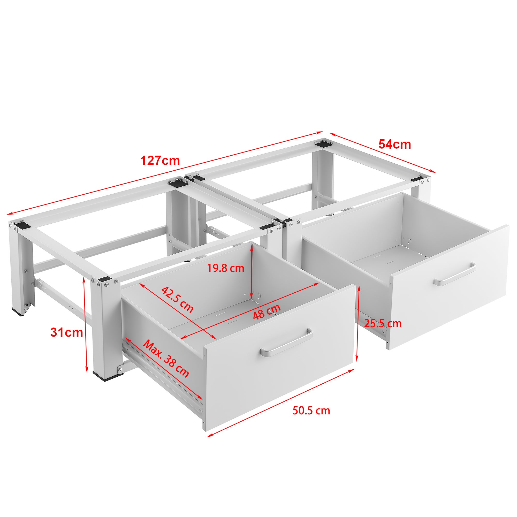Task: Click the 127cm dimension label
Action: point(160,161)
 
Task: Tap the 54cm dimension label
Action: point(394,145)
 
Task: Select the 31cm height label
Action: point(67,333)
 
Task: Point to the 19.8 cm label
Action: point(226,268)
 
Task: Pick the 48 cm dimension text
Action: point(267,312)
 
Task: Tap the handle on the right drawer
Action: point(454,275)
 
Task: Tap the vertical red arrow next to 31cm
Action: point(85,325)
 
